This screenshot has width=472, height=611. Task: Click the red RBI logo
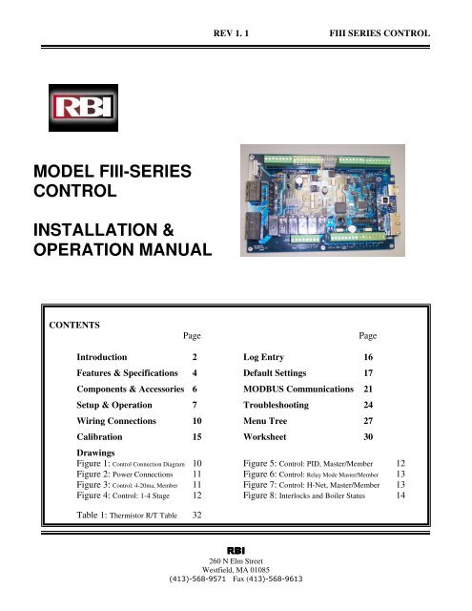pyautogui.click(x=83, y=108)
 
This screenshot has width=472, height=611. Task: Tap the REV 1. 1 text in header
pyautogui.click(x=231, y=33)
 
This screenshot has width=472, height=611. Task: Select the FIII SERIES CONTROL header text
pyautogui.click(x=380, y=33)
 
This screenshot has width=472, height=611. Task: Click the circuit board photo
pyautogui.click(x=322, y=200)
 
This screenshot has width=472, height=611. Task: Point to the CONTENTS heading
pyautogui.click(x=74, y=325)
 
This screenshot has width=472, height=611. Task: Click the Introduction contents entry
pyautogui.click(x=102, y=357)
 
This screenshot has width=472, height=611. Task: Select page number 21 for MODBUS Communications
pyautogui.click(x=368, y=389)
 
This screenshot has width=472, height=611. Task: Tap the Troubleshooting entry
pyautogui.click(x=276, y=405)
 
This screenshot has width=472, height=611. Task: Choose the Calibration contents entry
pyautogui.click(x=99, y=437)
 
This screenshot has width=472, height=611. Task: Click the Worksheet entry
pyautogui.click(x=264, y=437)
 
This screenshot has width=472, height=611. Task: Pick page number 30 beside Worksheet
pyautogui.click(x=368, y=437)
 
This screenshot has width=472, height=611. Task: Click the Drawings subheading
pyautogui.click(x=95, y=453)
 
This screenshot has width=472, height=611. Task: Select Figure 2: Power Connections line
pyautogui.click(x=125, y=474)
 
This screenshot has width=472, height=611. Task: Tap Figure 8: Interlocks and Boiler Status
pyautogui.click(x=304, y=495)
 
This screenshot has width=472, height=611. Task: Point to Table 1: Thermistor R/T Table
pyautogui.click(x=127, y=516)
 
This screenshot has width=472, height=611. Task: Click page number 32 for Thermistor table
pyautogui.click(x=196, y=516)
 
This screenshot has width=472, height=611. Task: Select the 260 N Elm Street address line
pyautogui.click(x=236, y=561)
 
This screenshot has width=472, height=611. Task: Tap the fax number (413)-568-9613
pyautogui.click(x=268, y=579)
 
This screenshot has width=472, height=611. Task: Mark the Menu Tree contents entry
pyautogui.click(x=265, y=421)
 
